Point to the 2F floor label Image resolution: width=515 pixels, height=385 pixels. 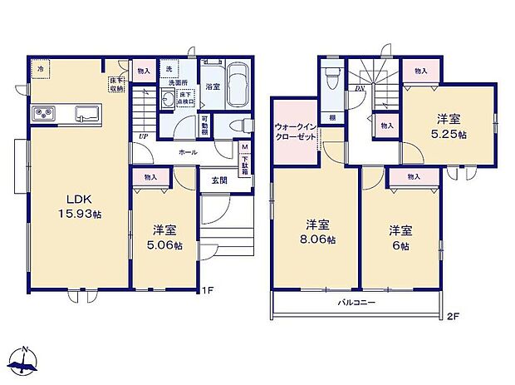point(452,317)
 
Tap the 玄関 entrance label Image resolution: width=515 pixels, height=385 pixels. point(218,180)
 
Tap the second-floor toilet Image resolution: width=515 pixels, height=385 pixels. point(331,77)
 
